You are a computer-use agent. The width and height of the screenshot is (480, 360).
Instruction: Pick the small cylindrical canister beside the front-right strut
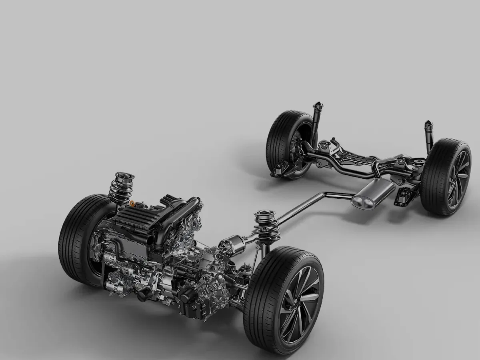tap(233, 244)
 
